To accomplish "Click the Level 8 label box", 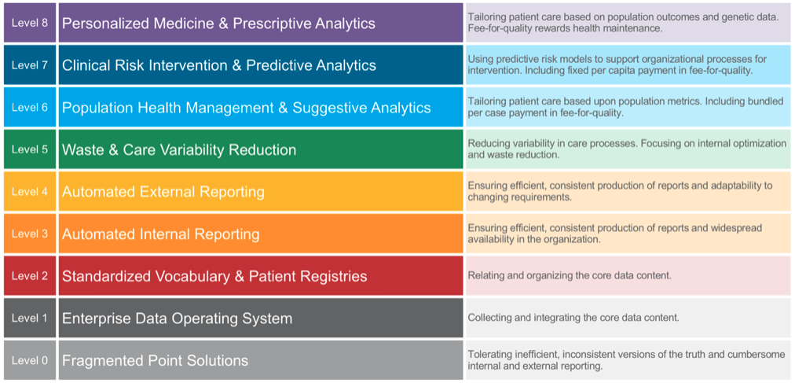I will click(x=30, y=23).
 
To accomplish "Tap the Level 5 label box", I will click(x=30, y=149).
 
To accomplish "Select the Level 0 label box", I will click(x=30, y=360).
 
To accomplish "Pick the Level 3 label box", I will click(x=30, y=234).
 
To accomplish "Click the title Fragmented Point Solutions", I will click(x=155, y=361).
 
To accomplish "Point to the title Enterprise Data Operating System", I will click(x=177, y=319).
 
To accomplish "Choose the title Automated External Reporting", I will click(x=163, y=192).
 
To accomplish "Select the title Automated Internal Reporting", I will click(x=160, y=234).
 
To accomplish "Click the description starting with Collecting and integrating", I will click(x=573, y=318).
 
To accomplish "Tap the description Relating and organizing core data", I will click(x=570, y=276).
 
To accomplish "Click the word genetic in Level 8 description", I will click(x=723, y=17).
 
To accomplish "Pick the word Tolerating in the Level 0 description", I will click(x=492, y=355).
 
